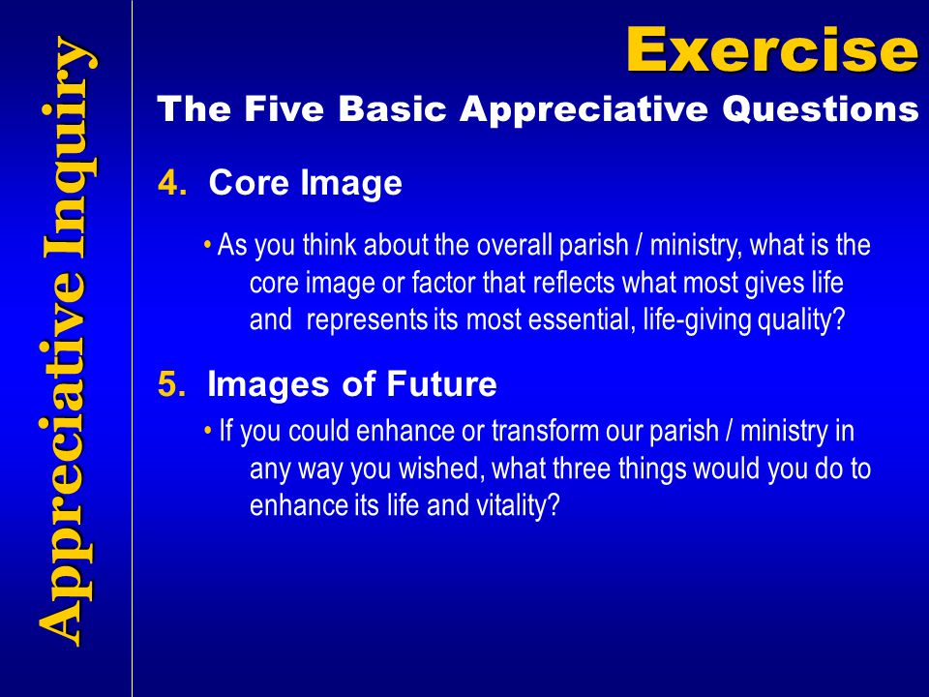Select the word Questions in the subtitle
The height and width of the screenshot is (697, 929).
pyautogui.click(x=820, y=109)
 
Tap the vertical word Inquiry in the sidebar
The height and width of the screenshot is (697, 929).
pyautogui.click(x=67, y=148)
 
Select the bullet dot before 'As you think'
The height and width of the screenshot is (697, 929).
pyautogui.click(x=207, y=244)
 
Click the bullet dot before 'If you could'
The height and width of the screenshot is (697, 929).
pyautogui.click(x=207, y=430)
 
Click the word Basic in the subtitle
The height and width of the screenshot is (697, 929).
pyautogui.click(x=392, y=109)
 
